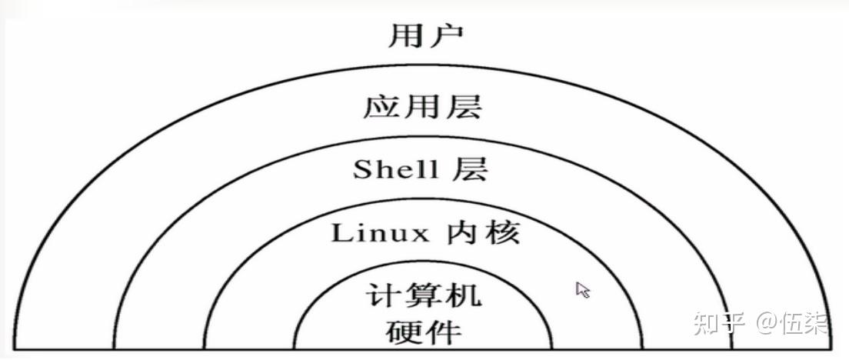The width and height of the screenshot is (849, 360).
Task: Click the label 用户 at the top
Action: (x=425, y=35)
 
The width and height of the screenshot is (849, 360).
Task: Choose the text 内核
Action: (x=481, y=233)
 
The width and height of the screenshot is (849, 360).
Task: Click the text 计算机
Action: (x=424, y=295)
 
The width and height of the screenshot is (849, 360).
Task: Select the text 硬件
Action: (x=424, y=332)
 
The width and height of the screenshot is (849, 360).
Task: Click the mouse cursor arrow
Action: (x=582, y=289)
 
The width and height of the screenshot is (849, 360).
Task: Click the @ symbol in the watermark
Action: (x=762, y=323)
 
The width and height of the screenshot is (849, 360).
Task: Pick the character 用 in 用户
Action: (x=405, y=35)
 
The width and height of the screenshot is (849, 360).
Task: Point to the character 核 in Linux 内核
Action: (x=501, y=233)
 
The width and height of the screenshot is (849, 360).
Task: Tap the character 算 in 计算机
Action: (x=424, y=295)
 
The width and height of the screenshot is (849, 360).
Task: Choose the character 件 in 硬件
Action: (x=444, y=332)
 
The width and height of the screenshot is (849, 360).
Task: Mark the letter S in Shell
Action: (x=362, y=170)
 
